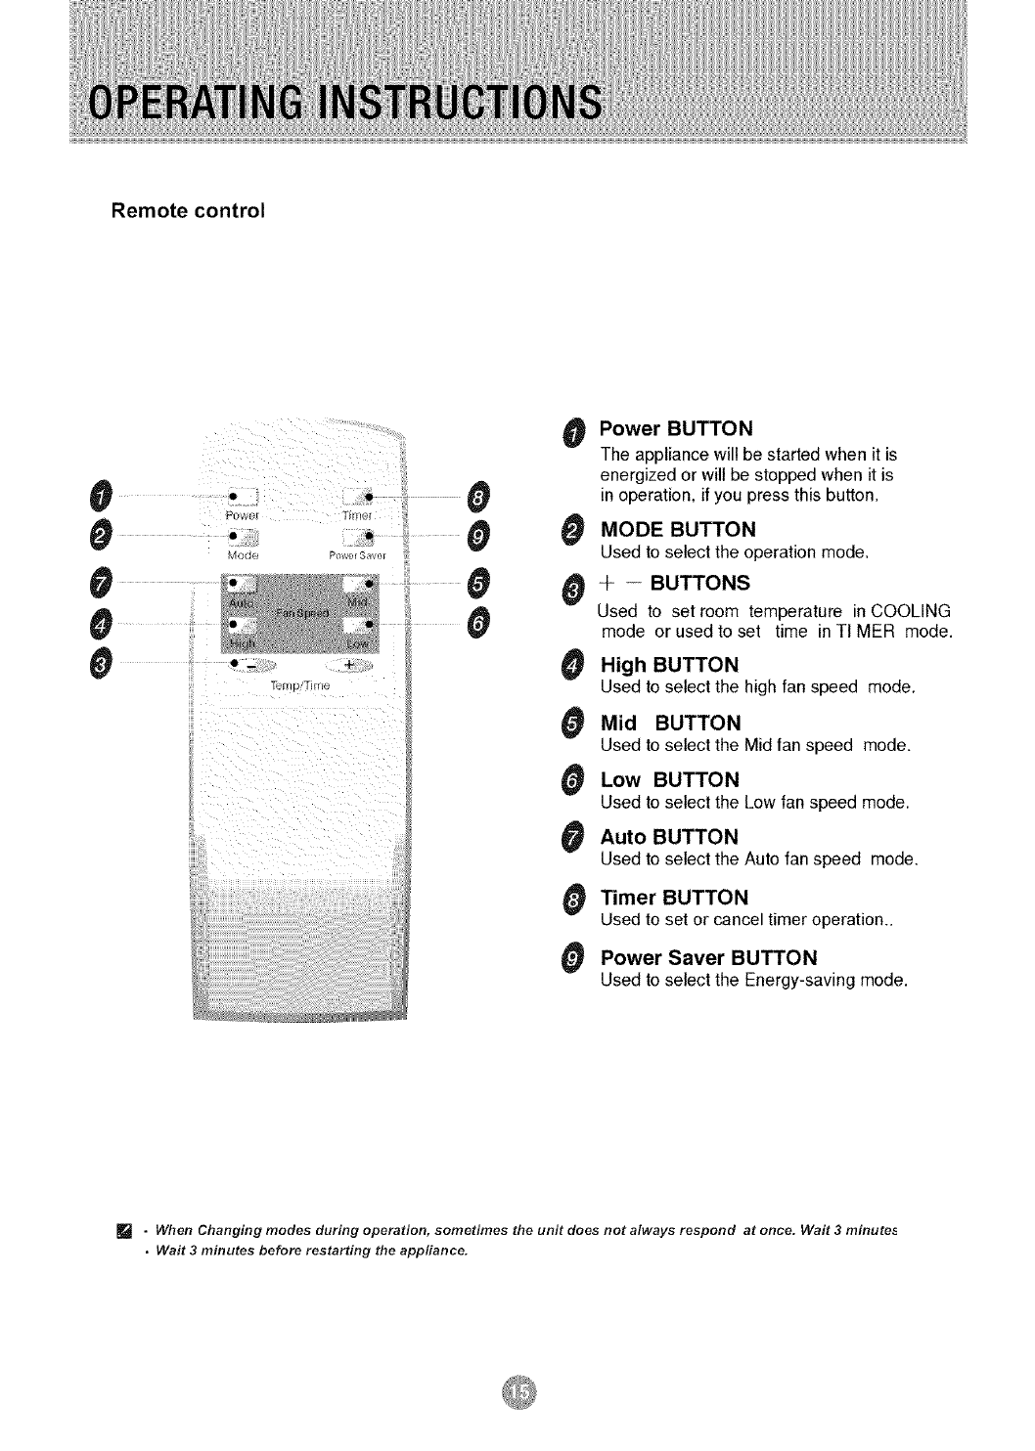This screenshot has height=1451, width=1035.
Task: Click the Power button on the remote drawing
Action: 241,497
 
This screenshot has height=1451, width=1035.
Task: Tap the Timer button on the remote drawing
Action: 359,497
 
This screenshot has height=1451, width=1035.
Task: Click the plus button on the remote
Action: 349,666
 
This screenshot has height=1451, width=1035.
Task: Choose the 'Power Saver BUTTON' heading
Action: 708,956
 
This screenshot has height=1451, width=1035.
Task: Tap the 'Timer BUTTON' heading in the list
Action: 674,898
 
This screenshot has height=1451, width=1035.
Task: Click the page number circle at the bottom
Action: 518,1391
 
